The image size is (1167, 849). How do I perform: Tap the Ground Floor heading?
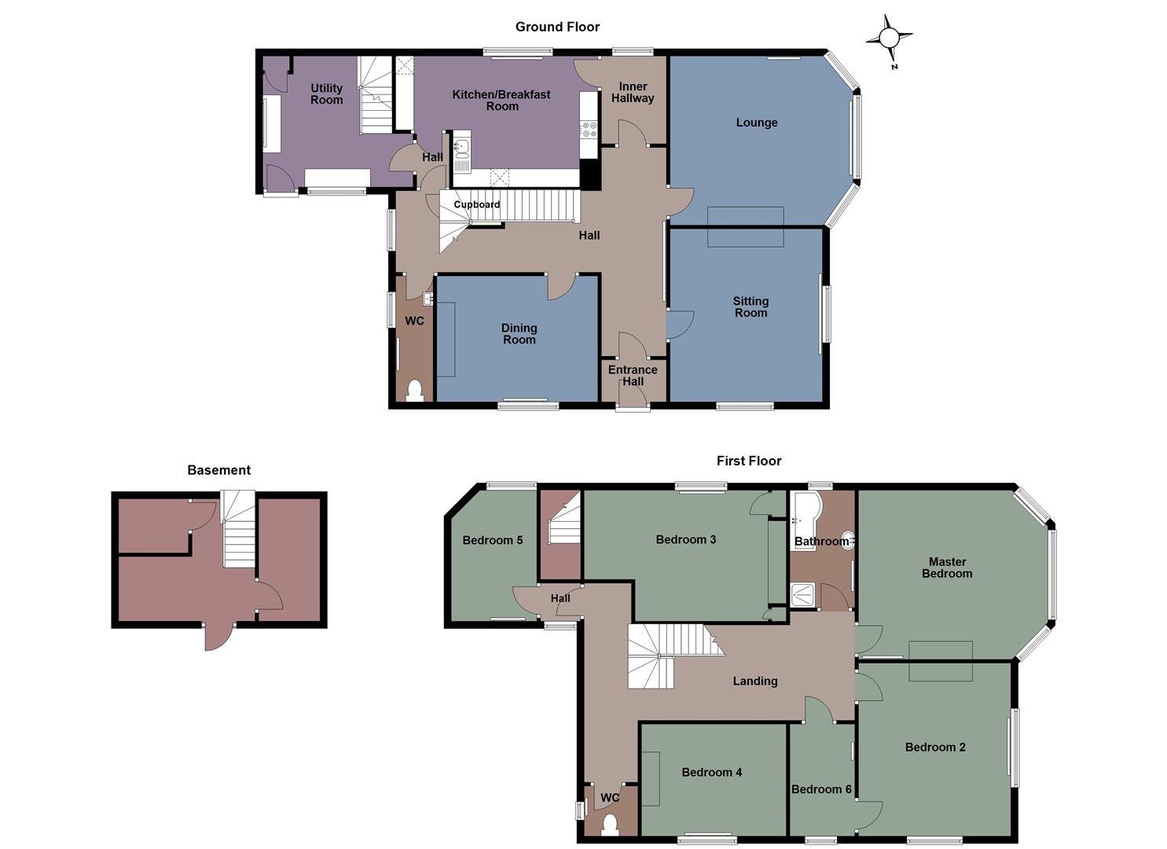point(557,27)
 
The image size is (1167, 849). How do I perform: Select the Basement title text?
point(218,470)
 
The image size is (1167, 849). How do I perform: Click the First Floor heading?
point(748,461)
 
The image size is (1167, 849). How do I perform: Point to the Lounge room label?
point(757,123)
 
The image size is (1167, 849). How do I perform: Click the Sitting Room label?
point(750,307)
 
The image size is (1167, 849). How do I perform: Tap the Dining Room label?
point(519,333)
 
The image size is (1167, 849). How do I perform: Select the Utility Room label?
point(326,94)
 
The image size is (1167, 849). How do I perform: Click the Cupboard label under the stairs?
point(476,205)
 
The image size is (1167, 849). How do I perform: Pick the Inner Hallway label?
point(633,93)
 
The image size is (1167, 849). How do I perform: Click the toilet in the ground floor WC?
point(414,391)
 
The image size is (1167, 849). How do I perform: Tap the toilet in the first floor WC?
point(610,825)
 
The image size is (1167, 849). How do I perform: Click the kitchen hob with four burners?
point(589,130)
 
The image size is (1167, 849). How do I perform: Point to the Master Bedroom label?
point(947,568)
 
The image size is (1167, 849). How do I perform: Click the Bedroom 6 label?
point(821,789)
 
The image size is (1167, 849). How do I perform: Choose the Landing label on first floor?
point(755,682)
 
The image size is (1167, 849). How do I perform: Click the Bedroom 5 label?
point(493,540)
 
